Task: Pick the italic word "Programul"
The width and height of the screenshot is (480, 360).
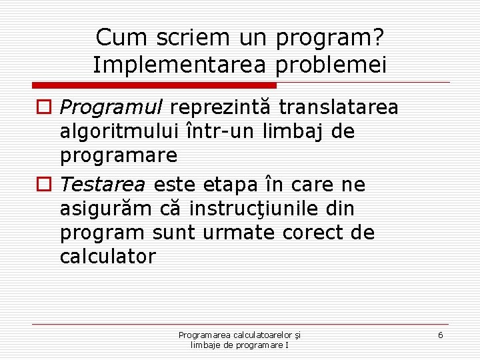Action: click(112, 108)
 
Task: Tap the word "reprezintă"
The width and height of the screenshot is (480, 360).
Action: click(223, 107)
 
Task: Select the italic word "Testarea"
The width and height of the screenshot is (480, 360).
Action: click(103, 184)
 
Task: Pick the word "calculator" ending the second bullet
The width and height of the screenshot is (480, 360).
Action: click(107, 257)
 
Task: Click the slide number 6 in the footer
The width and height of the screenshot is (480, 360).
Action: click(440, 335)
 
